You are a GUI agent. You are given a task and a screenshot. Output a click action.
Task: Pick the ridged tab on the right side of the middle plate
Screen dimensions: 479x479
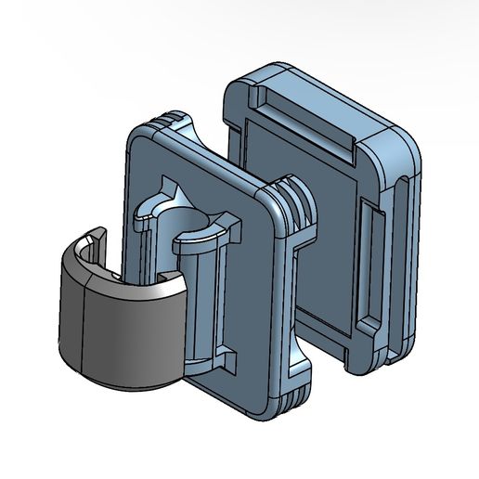[295, 208]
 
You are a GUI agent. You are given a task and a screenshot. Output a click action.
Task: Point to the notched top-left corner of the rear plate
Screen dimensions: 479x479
[237, 93]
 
